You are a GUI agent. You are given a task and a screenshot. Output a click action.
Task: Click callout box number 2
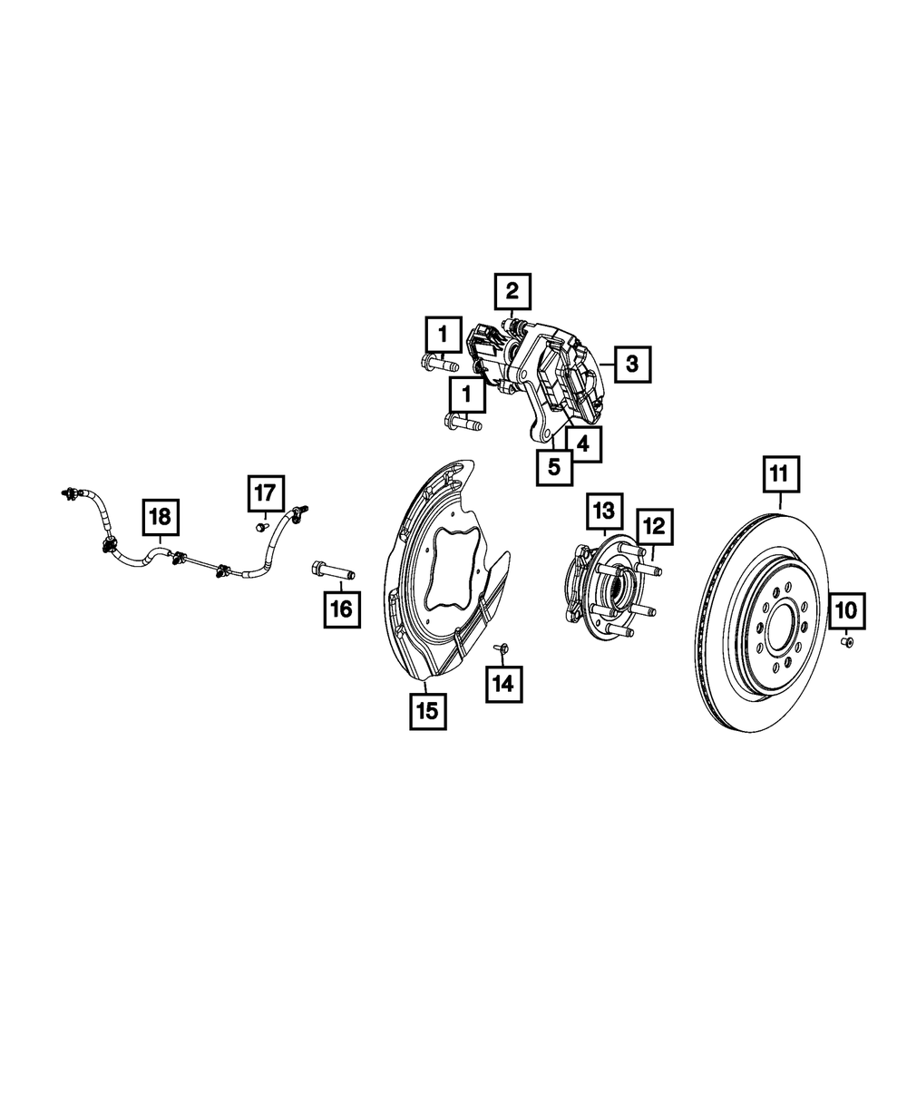pyautogui.click(x=512, y=291)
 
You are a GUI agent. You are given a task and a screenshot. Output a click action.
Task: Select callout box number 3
pyautogui.click(x=631, y=365)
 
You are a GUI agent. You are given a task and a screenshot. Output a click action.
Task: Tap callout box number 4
pyautogui.click(x=581, y=444)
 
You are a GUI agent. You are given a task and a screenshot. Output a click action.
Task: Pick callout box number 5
pyautogui.click(x=553, y=468)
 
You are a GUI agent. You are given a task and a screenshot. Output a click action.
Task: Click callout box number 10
pyautogui.click(x=844, y=612)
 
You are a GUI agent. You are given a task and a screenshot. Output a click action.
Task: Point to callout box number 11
pyautogui.click(x=781, y=475)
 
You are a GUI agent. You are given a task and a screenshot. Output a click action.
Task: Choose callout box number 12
pyautogui.click(x=655, y=526)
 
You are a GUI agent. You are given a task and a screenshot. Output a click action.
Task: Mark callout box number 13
pyautogui.click(x=604, y=511)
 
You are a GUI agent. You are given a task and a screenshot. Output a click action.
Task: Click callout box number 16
pyautogui.click(x=341, y=609)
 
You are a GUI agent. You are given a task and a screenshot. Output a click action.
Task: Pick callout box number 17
pyautogui.click(x=263, y=493)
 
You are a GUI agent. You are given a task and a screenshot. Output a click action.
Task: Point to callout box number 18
pyautogui.click(x=160, y=518)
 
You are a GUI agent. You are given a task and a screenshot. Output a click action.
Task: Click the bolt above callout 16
pyautogui.click(x=334, y=571)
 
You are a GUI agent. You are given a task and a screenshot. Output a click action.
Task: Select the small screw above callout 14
pyautogui.click(x=500, y=649)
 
